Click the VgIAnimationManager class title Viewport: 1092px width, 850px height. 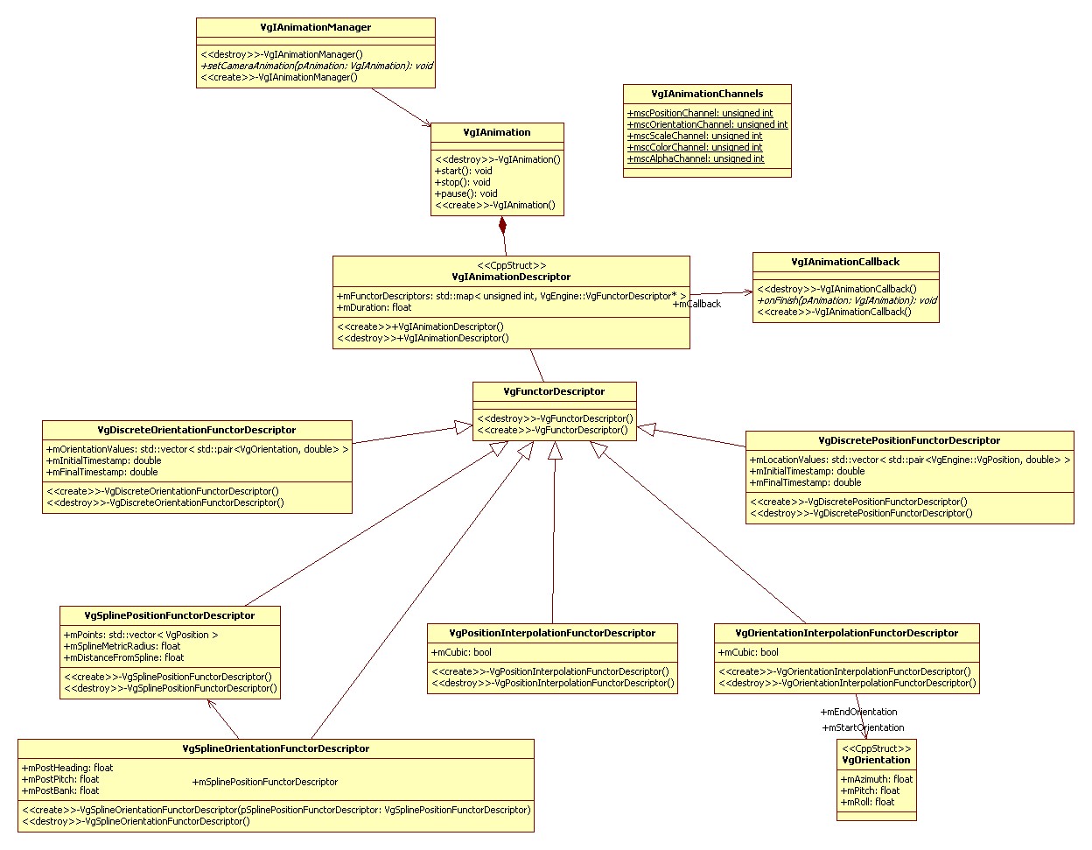coord(315,27)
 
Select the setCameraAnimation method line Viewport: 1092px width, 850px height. coord(317,66)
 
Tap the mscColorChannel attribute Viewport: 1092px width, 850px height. coord(695,147)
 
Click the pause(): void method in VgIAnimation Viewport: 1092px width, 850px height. coord(466,193)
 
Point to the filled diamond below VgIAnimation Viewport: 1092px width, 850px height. coord(502,226)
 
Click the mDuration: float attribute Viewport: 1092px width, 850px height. coord(374,307)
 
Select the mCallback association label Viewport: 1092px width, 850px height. coord(698,304)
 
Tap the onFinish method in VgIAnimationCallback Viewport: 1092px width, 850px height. coord(846,300)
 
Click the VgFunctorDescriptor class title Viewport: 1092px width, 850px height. coord(554,391)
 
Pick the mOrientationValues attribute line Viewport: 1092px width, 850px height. coord(197,449)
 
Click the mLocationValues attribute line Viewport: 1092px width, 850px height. coord(909,460)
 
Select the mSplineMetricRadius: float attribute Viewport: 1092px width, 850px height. coord(122,646)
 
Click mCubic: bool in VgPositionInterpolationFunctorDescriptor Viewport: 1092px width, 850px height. coord(461,652)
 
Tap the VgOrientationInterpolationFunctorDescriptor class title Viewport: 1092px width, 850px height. coord(846,633)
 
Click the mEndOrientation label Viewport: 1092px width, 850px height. coord(859,712)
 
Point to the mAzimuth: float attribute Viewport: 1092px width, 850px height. coord(877,779)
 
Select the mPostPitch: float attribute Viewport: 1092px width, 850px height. coord(60,779)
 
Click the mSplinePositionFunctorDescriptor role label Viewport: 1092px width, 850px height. coord(265,782)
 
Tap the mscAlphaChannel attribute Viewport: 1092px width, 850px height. coord(696,158)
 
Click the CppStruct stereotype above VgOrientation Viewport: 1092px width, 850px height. coord(876,748)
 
